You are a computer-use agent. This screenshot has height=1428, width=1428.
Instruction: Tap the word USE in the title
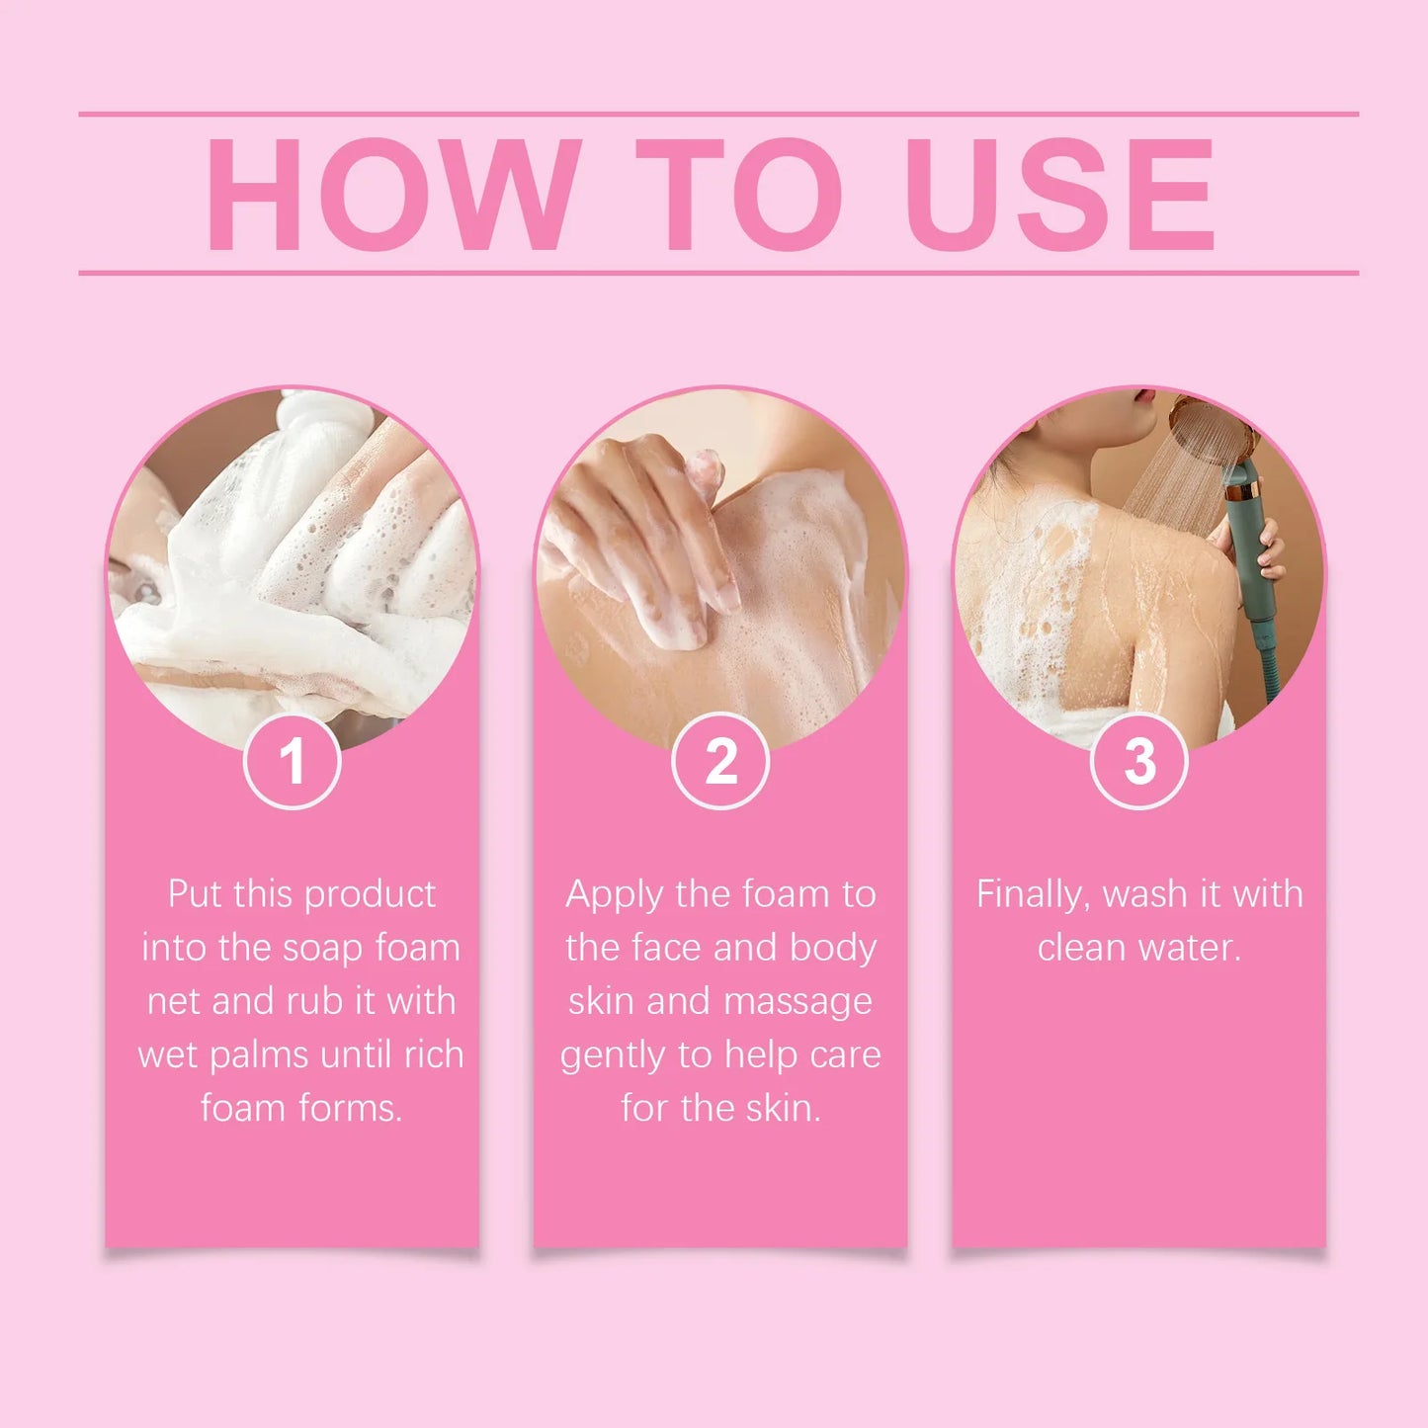point(1059,196)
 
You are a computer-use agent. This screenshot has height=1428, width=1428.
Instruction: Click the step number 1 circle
point(292,762)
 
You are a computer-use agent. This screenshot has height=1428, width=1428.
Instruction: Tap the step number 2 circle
point(720,762)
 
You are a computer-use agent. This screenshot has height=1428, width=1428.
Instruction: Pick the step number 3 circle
point(1138,762)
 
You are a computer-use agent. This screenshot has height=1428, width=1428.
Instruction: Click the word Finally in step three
point(1033,895)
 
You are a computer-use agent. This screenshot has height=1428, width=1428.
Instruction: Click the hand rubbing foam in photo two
point(642,534)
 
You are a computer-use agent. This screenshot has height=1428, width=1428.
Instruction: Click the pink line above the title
point(718,115)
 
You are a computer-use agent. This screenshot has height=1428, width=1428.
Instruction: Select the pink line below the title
point(718,272)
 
